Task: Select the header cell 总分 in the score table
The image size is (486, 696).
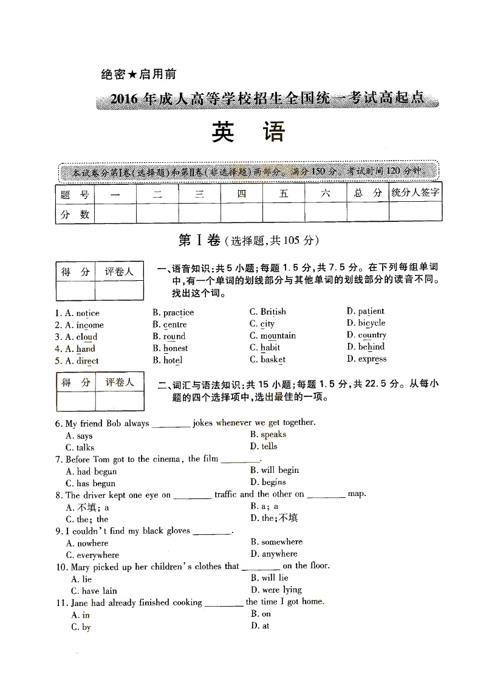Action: (x=368, y=193)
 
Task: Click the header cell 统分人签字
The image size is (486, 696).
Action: (x=416, y=193)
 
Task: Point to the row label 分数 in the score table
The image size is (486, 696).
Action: (x=75, y=214)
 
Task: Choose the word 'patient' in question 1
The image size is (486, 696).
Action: (x=371, y=311)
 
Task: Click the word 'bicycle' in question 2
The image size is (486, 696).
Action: (x=371, y=323)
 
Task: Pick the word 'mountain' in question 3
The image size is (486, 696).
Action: (x=278, y=336)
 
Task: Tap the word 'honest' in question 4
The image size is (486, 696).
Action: (x=176, y=348)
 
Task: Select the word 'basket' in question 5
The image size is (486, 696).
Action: (x=273, y=359)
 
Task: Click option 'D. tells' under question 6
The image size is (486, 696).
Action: (x=264, y=446)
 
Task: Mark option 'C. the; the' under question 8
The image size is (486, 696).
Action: (x=87, y=519)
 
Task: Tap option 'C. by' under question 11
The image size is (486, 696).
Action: (x=81, y=627)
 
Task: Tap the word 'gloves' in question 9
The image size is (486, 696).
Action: (x=178, y=531)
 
